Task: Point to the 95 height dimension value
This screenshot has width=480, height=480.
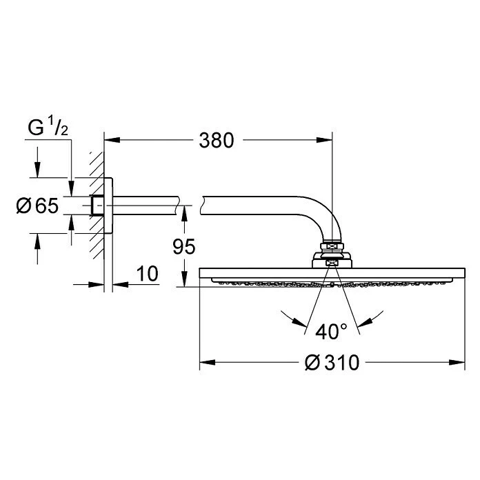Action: tap(183, 246)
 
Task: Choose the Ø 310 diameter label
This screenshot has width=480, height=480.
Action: tap(332, 362)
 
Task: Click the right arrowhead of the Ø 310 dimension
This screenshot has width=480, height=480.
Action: tap(458, 361)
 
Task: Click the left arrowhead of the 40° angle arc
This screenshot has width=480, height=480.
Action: tap(301, 322)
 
